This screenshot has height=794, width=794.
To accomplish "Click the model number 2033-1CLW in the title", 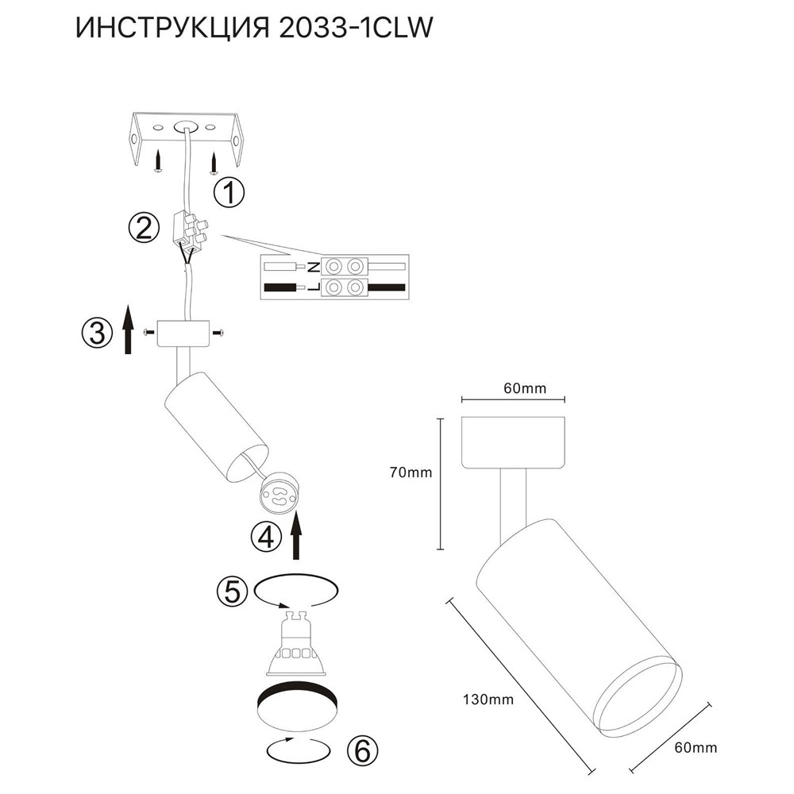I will pyautogui.click(x=357, y=29).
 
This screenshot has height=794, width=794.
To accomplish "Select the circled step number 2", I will pyautogui.click(x=143, y=229).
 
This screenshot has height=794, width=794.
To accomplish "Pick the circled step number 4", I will pyautogui.click(x=265, y=538).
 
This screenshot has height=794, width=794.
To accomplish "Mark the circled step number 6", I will pyautogui.click(x=361, y=748).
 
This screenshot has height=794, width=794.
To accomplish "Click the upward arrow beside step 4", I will pyautogui.click(x=297, y=536).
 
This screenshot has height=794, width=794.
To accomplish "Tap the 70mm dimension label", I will pyautogui.click(x=410, y=473).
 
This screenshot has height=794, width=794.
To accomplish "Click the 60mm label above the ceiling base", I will pyautogui.click(x=526, y=388).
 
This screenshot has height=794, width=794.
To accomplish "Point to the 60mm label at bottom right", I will pyautogui.click(x=695, y=748).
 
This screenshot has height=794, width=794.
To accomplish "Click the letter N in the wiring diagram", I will pyautogui.click(x=314, y=266).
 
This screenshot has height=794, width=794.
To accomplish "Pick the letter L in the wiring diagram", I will pyautogui.click(x=314, y=287).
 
